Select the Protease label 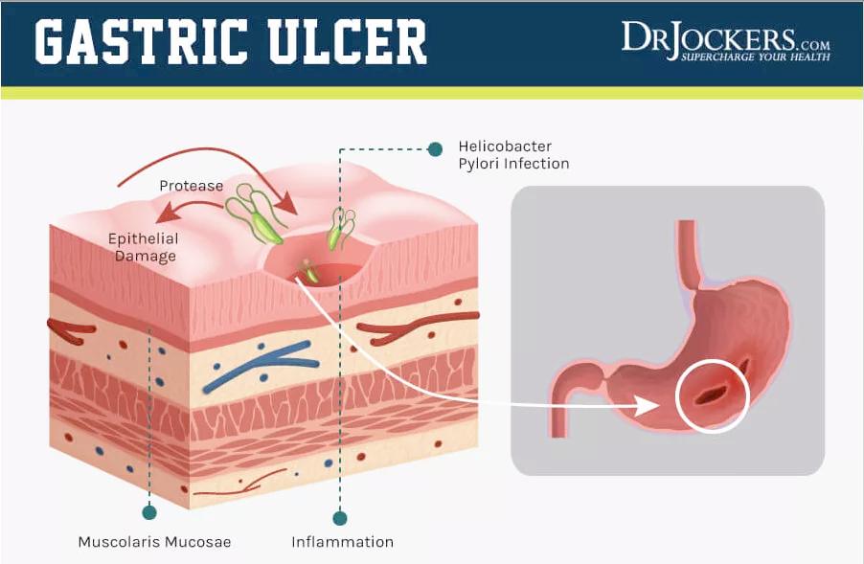pos(191,185)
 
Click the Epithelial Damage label pos(141,246)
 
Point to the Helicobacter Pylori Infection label pos(512,155)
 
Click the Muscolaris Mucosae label pos(154,542)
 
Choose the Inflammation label pos(342,542)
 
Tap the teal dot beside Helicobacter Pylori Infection pos(436,148)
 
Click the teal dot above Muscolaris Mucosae pos(148,511)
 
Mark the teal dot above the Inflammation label pos(339,518)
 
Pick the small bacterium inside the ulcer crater pos(309,272)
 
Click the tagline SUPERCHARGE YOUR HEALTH pos(755,57)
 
